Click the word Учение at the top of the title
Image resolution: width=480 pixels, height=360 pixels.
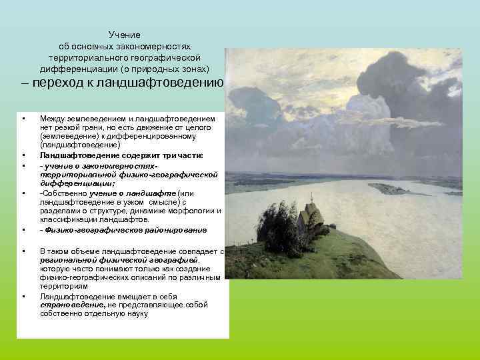pyautogui.click(x=125, y=35)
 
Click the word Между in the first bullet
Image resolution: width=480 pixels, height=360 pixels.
pyautogui.click(x=52, y=118)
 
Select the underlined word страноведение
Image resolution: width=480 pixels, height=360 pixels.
pyautogui.click(x=67, y=304)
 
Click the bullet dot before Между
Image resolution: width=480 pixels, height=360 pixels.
pyautogui.click(x=23, y=119)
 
